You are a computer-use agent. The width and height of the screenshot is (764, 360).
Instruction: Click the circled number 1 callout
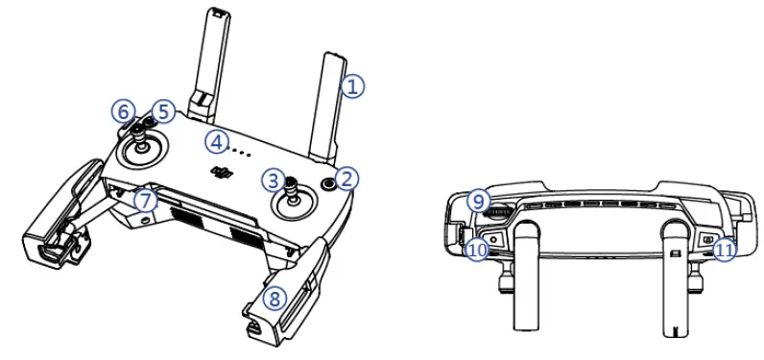point(353,85)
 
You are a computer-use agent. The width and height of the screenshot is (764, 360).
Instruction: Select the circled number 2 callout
point(347,178)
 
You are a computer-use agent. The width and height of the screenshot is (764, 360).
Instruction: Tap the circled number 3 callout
point(275,180)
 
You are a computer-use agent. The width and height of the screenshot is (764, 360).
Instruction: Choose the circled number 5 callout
point(163,112)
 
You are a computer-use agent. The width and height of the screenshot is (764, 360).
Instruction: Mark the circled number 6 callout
point(123,112)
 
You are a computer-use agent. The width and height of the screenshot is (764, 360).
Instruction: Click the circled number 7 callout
point(144,201)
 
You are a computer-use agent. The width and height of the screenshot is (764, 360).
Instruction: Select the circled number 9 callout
point(477,202)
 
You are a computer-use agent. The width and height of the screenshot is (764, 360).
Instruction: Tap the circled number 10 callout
point(477,250)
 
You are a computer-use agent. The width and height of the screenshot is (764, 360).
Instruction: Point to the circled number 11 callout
point(727,250)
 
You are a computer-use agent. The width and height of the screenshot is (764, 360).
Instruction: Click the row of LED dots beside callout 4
point(242,151)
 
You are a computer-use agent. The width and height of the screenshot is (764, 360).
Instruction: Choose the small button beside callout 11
point(707,239)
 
